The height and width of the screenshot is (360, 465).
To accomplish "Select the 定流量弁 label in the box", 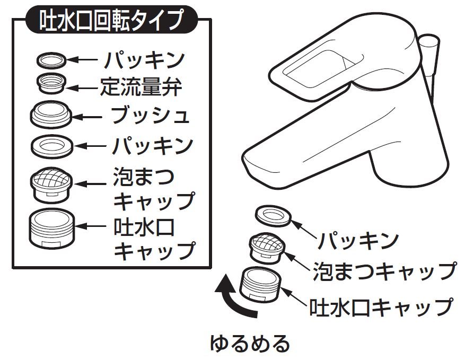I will coord(141,86).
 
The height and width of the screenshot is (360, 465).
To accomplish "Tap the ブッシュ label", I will coord(150,115).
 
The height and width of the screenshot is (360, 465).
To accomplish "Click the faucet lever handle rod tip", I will coord(431,42).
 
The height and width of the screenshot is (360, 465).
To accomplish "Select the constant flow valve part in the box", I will coord(51,84).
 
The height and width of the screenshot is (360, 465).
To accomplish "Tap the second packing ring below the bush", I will coord(51,145).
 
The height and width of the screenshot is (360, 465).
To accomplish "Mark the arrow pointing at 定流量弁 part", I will coord(82,87).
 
